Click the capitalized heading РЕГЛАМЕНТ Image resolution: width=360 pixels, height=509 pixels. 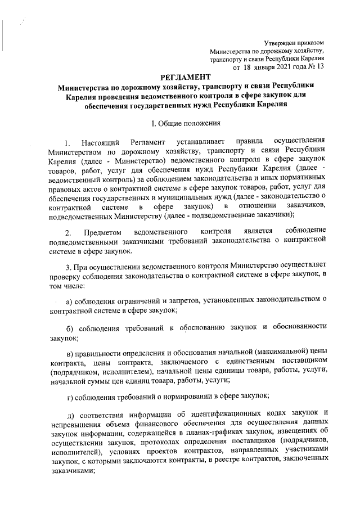click(x=186, y=76)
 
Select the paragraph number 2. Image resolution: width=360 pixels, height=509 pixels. click(x=68, y=249)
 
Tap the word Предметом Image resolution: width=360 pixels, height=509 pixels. click(x=102, y=249)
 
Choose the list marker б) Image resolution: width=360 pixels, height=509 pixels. click(x=70, y=328)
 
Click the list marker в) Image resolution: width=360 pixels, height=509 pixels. click(x=70, y=352)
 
